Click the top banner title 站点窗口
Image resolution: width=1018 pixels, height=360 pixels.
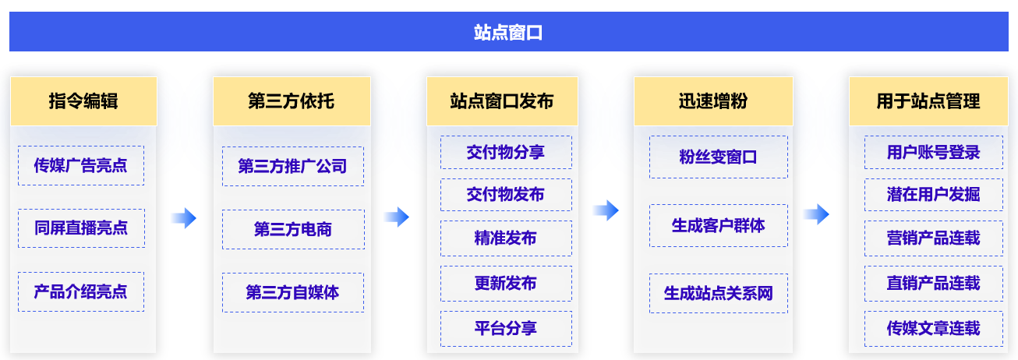pos(508,32)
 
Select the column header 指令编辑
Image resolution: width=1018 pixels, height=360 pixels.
pos(83,101)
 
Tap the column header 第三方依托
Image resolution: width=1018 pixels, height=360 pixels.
pos(292,101)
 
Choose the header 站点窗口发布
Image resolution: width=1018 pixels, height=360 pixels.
pos(502,101)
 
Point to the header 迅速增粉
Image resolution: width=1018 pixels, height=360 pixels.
pos(713,101)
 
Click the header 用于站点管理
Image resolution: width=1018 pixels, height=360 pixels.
pos(928,101)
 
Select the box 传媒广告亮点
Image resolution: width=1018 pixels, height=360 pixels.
pos(81,165)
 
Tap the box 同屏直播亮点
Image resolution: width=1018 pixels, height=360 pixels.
pos(81,228)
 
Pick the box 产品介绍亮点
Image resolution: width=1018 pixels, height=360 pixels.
pos(81,291)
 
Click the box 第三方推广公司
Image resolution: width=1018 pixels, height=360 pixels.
pos(293,167)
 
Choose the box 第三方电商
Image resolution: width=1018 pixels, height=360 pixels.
pos(293,230)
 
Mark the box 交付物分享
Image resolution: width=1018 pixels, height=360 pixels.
pos(507,152)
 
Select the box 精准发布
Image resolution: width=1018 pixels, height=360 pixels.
pos(507,238)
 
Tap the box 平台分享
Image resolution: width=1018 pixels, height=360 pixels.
pos(507,329)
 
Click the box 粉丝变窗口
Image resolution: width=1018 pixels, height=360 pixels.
pos(719,157)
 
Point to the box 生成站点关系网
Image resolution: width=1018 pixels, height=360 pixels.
pos(719,294)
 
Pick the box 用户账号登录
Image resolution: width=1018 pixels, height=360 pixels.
pos(934,152)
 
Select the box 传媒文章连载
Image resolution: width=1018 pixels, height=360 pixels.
pos(934,329)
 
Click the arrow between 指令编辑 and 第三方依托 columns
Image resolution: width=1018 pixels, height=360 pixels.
pos(184,218)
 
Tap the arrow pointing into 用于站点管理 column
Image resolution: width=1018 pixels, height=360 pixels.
pos(816,214)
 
